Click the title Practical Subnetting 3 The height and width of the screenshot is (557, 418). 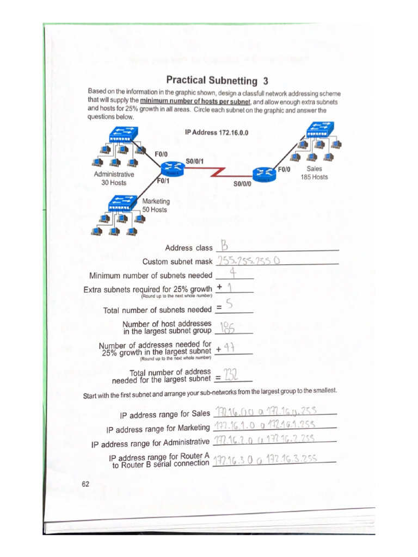(217, 81)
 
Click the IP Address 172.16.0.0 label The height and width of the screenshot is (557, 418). (217, 132)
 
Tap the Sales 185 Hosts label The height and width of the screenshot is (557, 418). (314, 173)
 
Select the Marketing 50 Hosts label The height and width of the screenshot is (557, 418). (155, 205)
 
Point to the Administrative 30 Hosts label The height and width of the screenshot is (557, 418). (114, 178)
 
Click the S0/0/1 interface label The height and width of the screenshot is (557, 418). (195, 161)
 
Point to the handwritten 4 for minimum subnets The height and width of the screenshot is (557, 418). (232, 274)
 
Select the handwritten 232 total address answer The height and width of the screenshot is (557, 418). (232, 375)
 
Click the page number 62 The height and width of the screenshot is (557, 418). (86, 484)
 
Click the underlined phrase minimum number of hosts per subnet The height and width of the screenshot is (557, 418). (195, 102)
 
